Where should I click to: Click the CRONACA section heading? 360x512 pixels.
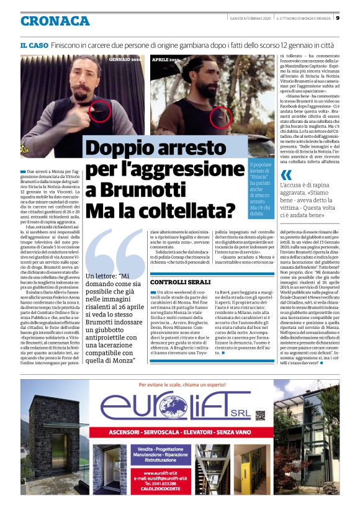point(55,21)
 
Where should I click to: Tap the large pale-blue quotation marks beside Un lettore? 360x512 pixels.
point(114,254)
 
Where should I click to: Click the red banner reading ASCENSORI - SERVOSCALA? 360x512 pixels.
point(180,431)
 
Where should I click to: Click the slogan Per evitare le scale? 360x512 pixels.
point(179,384)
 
